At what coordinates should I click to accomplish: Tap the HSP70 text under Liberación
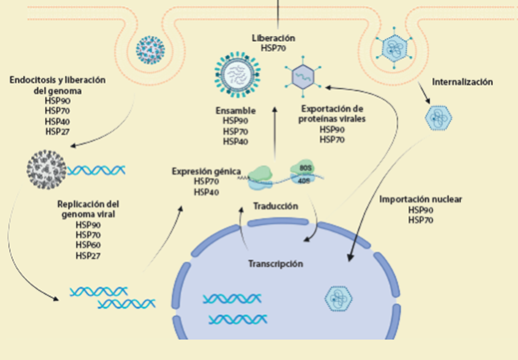[x=274, y=48]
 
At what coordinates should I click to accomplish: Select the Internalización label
[x=465, y=81]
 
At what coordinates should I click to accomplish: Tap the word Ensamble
[x=238, y=111]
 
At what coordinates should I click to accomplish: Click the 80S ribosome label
[x=302, y=169]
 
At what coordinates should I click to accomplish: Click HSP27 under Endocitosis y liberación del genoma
[x=58, y=131]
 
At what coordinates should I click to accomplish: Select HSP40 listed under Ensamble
[x=237, y=143]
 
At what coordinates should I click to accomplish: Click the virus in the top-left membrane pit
[x=153, y=46]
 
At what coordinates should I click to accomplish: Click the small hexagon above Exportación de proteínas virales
[x=302, y=76]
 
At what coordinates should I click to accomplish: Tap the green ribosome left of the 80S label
[x=260, y=176]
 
